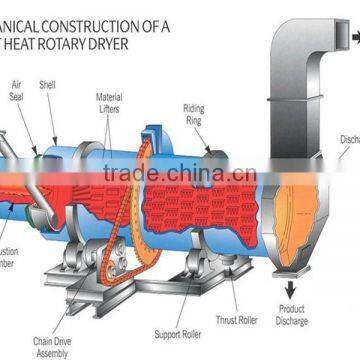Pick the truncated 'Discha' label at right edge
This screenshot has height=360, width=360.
[349, 140]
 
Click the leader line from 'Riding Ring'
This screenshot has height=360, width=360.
[203, 135]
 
